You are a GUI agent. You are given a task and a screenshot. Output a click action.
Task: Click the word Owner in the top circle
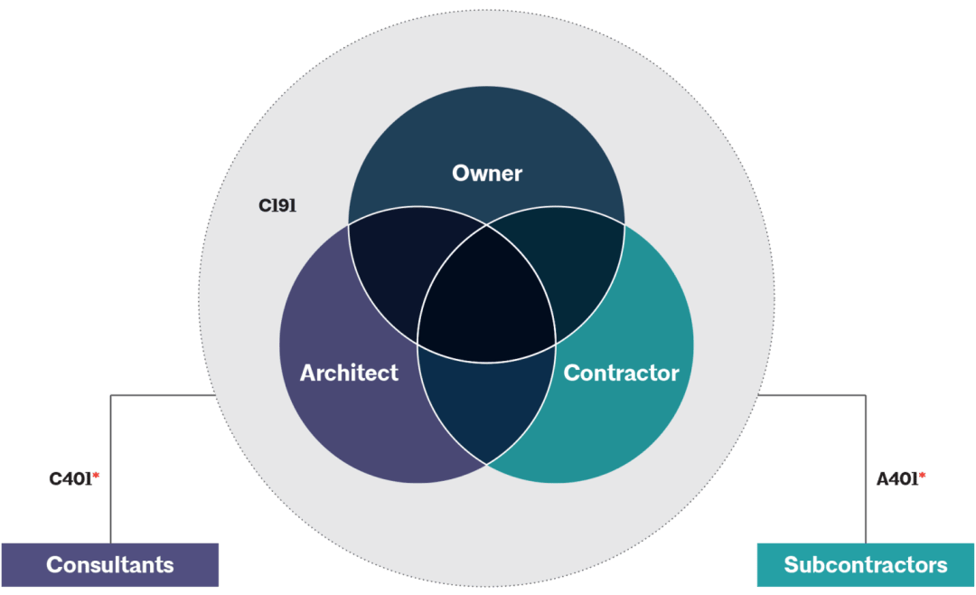pos(487,173)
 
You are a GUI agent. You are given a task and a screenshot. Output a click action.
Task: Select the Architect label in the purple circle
pos(349,373)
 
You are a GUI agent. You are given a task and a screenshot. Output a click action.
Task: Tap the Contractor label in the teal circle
pos(621,373)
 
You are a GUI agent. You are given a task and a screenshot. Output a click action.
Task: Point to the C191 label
pos(277,205)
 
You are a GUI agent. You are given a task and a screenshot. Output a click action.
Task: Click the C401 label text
pos(70,479)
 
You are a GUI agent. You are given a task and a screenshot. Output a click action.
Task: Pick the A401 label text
pos(897,479)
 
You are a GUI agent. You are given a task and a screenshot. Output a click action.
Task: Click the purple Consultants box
pos(109,565)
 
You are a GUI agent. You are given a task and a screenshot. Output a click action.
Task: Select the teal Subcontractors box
pos(866,565)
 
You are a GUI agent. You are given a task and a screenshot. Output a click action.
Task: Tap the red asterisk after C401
pos(96,475)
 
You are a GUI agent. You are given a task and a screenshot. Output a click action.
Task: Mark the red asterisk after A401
pos(923,475)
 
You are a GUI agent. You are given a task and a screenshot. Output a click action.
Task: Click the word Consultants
pos(109,565)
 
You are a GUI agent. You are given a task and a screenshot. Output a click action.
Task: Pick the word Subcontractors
pos(866,565)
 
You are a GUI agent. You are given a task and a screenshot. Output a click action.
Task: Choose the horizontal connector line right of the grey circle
pos(813,395)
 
